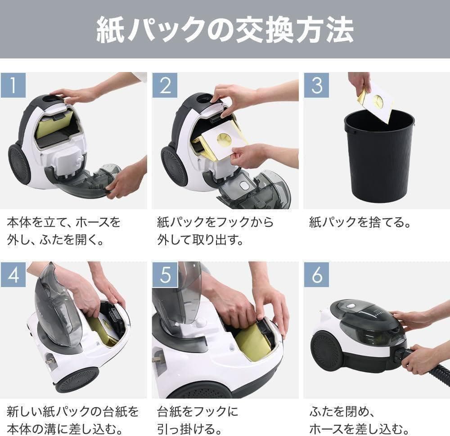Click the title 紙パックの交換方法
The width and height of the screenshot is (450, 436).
pyautogui.click(x=225, y=30)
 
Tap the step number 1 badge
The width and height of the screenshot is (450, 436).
pyautogui.click(x=13, y=85)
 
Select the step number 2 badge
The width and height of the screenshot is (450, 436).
pyautogui.click(x=165, y=85)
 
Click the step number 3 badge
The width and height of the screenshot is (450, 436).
pyautogui.click(x=316, y=85)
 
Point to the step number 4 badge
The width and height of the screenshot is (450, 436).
pyautogui.click(x=13, y=274)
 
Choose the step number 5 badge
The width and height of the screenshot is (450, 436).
pyautogui.click(x=165, y=274)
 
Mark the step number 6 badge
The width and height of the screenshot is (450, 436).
pyautogui.click(x=316, y=274)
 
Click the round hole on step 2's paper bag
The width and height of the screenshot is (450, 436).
pyautogui.click(x=224, y=139)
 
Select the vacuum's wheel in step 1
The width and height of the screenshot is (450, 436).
pyautogui.click(x=19, y=164)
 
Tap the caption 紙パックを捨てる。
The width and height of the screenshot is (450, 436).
pyautogui.click(x=360, y=222)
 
